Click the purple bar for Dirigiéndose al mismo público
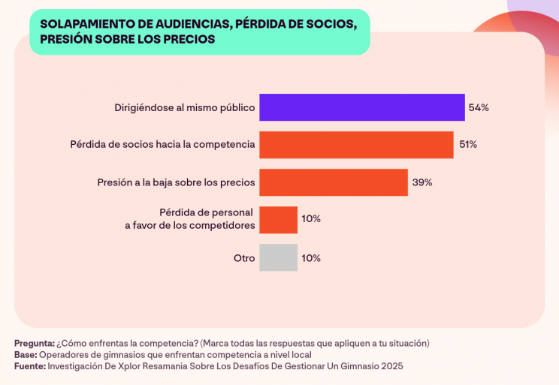(x=361, y=107)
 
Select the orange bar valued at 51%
(x=356, y=144)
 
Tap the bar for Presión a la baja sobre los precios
(x=333, y=182)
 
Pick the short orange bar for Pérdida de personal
(x=278, y=219)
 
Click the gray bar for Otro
(x=278, y=257)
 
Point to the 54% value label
(x=479, y=107)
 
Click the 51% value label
(x=468, y=144)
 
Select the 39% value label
(x=422, y=182)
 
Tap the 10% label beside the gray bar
(x=311, y=258)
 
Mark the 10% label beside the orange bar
(x=311, y=219)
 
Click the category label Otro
(x=244, y=258)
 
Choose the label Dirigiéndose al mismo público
(x=185, y=107)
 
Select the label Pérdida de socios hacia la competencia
(x=162, y=144)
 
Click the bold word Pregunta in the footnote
(x=34, y=343)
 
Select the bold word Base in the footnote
(x=25, y=354)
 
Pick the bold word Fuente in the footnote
(x=29, y=366)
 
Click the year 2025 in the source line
(x=391, y=366)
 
